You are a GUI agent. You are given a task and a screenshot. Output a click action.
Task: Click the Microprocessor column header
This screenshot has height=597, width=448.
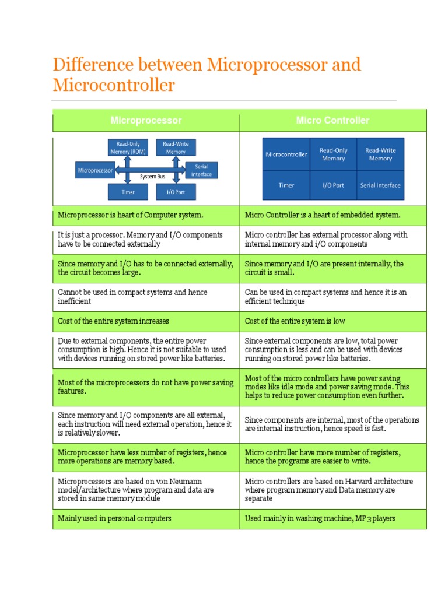coord(146,120)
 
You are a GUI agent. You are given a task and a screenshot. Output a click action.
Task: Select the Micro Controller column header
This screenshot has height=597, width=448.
coord(332,120)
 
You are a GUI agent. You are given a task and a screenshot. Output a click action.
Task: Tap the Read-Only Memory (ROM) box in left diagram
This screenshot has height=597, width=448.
coord(128,148)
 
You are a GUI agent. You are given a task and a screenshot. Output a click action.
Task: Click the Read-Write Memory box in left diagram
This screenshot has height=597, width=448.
coord(176,148)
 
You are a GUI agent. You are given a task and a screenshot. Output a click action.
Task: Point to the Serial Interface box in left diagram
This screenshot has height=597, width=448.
coord(201,170)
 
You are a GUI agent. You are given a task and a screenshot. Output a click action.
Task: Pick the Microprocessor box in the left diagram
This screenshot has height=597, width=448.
coord(95,170)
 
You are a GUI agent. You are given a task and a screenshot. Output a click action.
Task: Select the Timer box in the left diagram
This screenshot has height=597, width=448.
coord(128,192)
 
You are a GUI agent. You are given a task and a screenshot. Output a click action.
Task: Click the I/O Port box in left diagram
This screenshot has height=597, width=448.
coord(176,192)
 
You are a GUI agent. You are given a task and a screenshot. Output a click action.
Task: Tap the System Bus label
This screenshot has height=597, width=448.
coord(150,175)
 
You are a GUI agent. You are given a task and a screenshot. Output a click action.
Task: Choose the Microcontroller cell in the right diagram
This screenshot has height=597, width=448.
coord(286,154)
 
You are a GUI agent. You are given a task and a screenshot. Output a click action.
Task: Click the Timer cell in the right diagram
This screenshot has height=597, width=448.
coord(286,185)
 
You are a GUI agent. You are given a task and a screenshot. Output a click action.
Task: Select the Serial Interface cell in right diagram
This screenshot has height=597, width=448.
coord(380,185)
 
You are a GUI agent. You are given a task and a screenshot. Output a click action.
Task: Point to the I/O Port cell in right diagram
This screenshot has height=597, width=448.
coord(333,185)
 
